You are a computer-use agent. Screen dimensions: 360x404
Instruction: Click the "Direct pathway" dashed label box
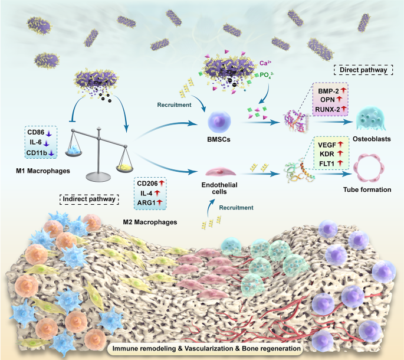tap(362, 69)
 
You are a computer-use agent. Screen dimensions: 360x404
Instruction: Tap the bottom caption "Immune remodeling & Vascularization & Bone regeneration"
tap(202, 349)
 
